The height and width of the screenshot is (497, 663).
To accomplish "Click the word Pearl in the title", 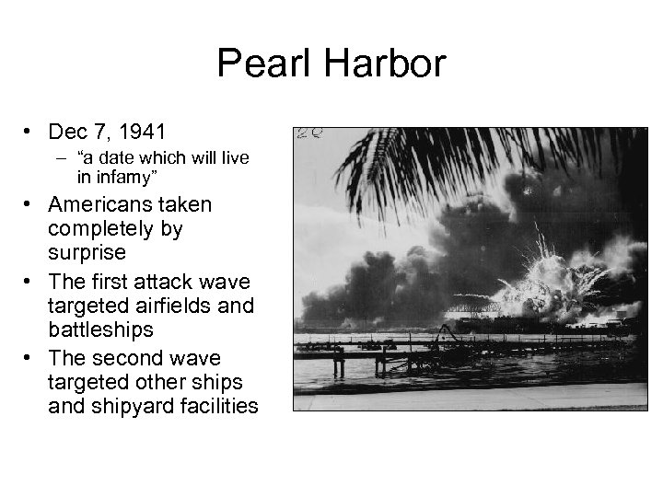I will tap(259, 64).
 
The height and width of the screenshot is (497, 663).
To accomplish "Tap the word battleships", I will tap(101, 329).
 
